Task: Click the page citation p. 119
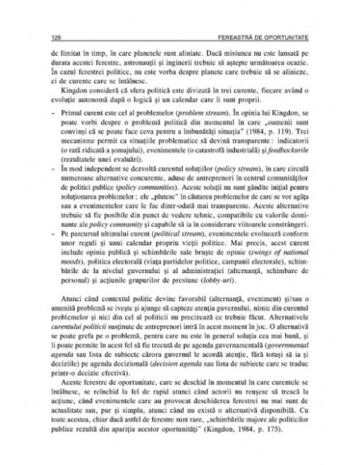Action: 277,126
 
